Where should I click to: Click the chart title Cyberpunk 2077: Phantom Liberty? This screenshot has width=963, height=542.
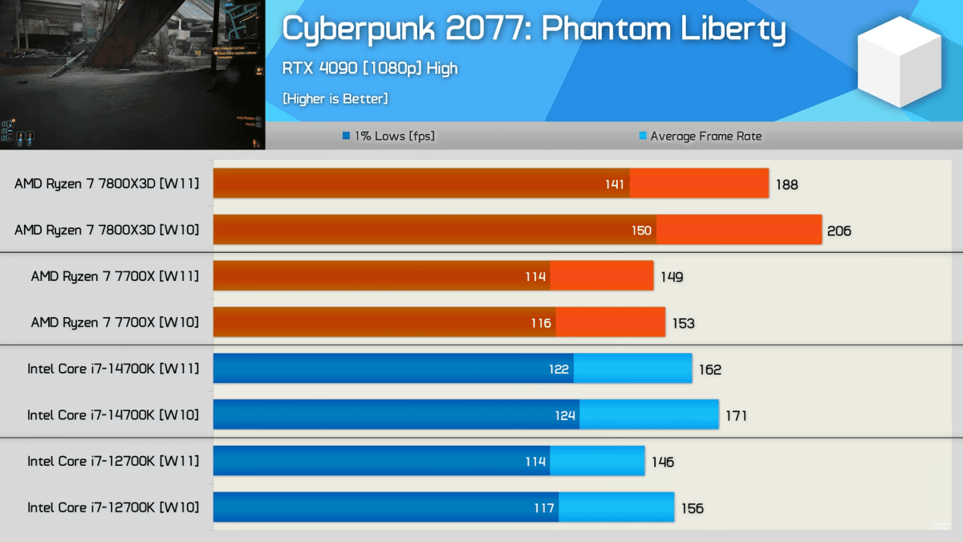coord(534,30)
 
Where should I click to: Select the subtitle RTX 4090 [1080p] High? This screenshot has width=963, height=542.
coord(369,68)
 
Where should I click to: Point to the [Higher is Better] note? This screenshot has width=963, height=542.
coord(335,99)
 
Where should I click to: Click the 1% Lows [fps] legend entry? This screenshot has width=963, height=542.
coord(388,137)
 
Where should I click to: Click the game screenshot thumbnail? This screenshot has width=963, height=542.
coord(132,75)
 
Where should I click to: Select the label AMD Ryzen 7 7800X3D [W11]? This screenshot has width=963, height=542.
coord(107,184)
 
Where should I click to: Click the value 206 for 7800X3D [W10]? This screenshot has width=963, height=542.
coord(839,231)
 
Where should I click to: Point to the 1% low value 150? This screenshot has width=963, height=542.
coord(641,230)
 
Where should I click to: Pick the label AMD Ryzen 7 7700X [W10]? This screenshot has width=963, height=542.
coord(115,323)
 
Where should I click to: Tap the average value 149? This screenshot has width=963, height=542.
coord(672,277)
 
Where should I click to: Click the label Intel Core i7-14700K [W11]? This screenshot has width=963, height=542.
coord(113,369)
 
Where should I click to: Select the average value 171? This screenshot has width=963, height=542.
coord(736,416)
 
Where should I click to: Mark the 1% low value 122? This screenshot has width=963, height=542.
coord(559,369)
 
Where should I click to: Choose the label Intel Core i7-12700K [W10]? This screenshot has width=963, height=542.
coord(113,508)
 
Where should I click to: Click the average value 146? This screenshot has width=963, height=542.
coord(663,462)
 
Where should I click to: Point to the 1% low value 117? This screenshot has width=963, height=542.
coord(543,508)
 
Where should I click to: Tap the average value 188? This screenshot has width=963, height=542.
coord(786,185)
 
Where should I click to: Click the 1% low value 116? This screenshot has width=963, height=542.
coord(541,323)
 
